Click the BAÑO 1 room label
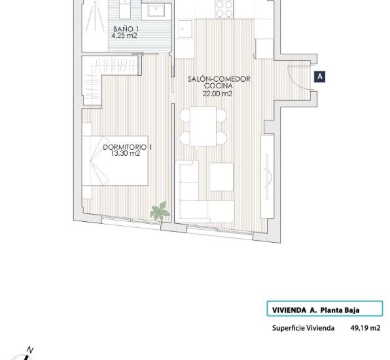[x=126, y=29]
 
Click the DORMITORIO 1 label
[x=128, y=147]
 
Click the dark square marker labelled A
[x=320, y=77]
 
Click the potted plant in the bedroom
[x=158, y=211]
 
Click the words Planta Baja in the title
[x=340, y=310]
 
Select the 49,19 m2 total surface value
[x=366, y=329]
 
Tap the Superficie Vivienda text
[x=303, y=329]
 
